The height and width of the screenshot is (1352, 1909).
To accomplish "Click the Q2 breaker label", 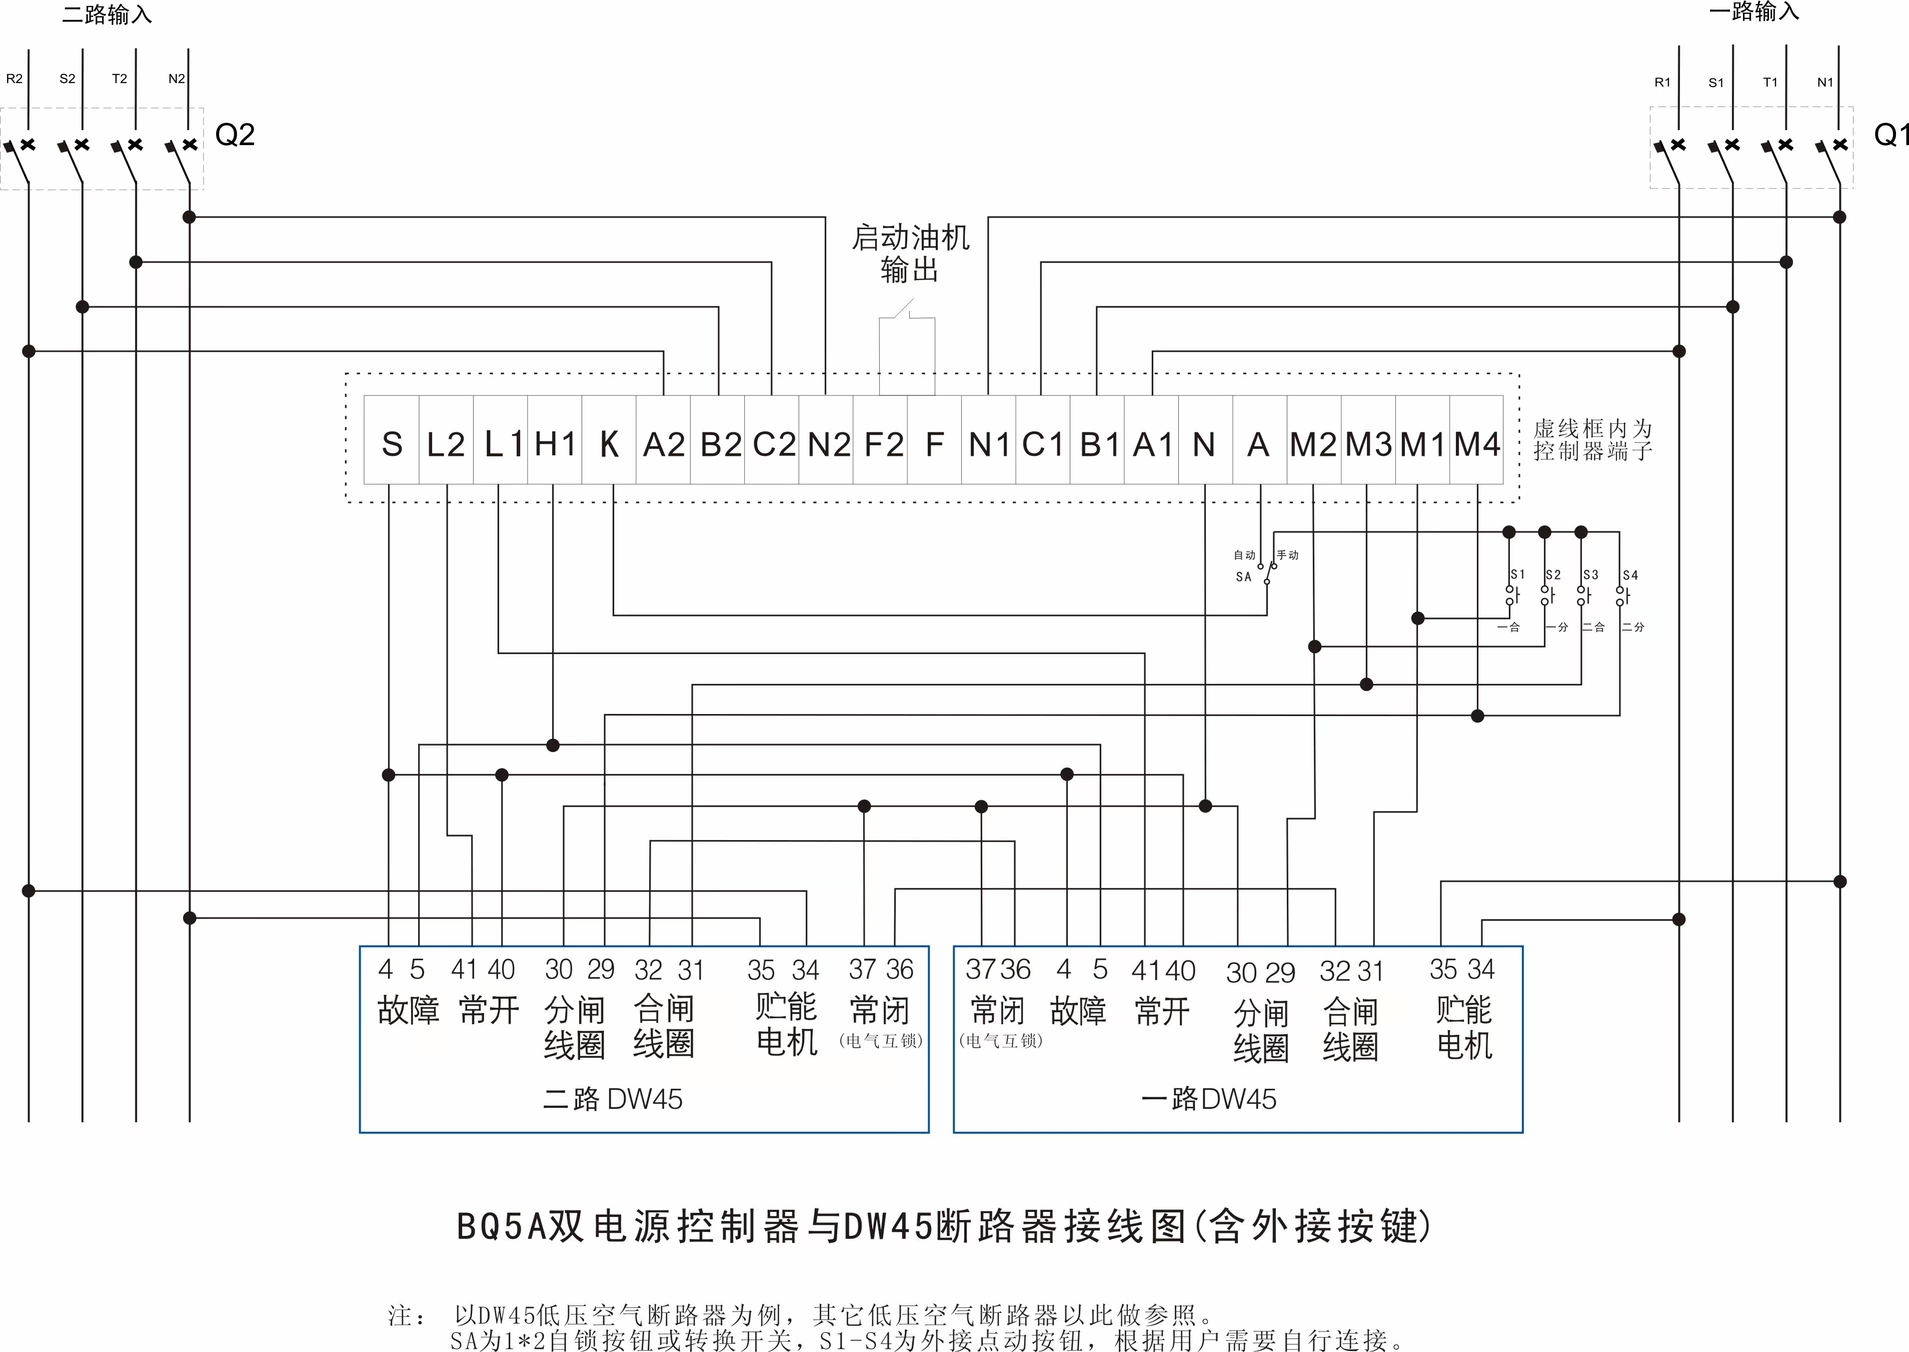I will pyautogui.click(x=235, y=135).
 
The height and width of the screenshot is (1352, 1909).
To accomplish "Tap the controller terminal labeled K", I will pyautogui.click(x=609, y=444).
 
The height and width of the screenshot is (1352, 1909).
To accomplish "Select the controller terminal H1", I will pyautogui.click(x=555, y=444).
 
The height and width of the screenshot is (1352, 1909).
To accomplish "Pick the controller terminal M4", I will pyautogui.click(x=1477, y=444).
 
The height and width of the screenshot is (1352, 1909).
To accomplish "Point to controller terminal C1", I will pyautogui.click(x=1043, y=444).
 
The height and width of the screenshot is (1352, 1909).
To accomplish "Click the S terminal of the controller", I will pyautogui.click(x=392, y=444).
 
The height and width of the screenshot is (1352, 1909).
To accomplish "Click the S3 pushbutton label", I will pyautogui.click(x=1590, y=574).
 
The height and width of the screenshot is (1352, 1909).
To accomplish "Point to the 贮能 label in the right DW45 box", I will pyautogui.click(x=1464, y=1010).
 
